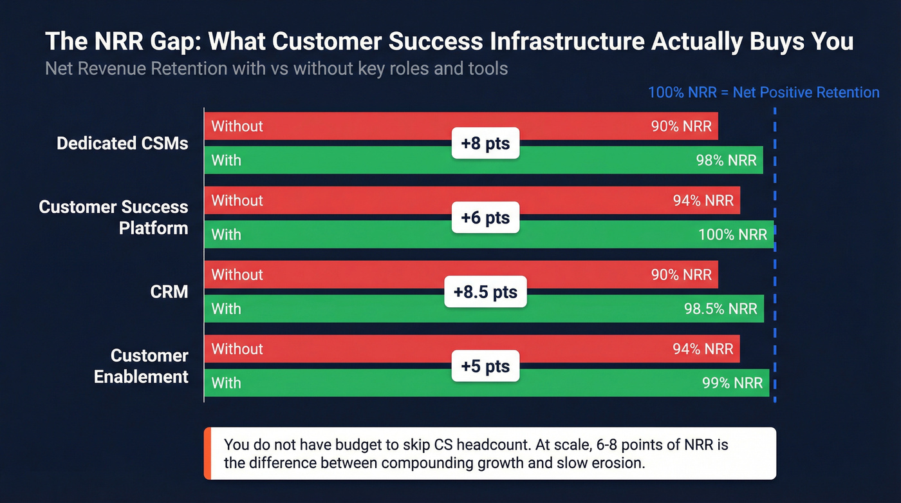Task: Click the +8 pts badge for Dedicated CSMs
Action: tap(485, 143)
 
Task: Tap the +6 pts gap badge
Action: tap(485, 218)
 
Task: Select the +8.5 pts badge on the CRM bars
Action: tap(485, 292)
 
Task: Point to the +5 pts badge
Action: tap(485, 366)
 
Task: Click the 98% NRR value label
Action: tap(726, 160)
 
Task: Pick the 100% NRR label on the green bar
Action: tap(732, 234)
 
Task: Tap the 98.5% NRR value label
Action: tap(720, 309)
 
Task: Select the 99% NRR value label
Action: tap(732, 383)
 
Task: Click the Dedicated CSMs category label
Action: tap(122, 143)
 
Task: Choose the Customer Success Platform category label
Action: tap(114, 217)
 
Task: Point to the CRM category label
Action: tap(169, 292)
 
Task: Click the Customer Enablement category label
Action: tap(142, 366)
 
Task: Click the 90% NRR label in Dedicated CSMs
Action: tap(681, 126)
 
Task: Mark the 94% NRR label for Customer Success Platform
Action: tap(703, 201)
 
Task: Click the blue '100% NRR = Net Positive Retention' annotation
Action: tap(763, 92)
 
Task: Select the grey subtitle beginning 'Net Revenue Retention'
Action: tap(276, 68)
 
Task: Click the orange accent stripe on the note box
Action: tap(207, 453)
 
